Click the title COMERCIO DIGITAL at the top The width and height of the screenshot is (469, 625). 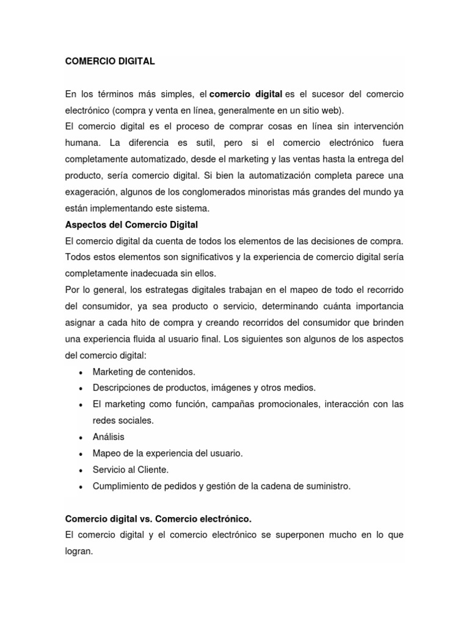point(110,62)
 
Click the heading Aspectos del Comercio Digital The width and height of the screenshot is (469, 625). point(131,225)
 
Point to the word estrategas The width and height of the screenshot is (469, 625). point(172,290)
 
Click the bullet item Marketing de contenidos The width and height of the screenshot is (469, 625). point(144,372)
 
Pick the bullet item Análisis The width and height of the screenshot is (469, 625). point(108,437)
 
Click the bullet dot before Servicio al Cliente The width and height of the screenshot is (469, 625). point(81,471)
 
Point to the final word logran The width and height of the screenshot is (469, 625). point(79,551)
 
